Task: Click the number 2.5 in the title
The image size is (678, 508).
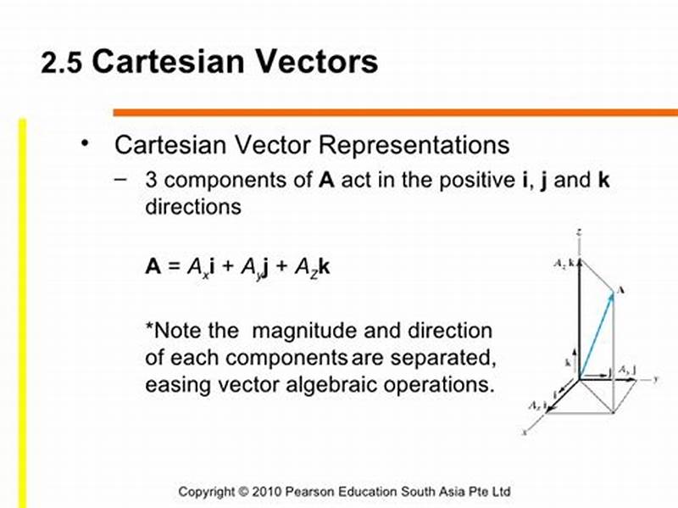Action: (x=61, y=64)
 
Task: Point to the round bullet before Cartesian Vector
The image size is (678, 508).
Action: (x=84, y=142)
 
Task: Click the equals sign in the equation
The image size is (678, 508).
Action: (x=172, y=266)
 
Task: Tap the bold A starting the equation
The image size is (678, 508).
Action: (x=153, y=266)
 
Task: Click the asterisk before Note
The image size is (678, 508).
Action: (x=150, y=328)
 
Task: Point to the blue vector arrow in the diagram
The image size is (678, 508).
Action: (x=596, y=332)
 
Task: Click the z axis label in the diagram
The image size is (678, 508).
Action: (x=577, y=231)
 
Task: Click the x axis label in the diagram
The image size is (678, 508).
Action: (x=525, y=432)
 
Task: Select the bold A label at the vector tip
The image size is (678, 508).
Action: (x=621, y=290)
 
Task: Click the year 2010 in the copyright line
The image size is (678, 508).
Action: (x=269, y=491)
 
